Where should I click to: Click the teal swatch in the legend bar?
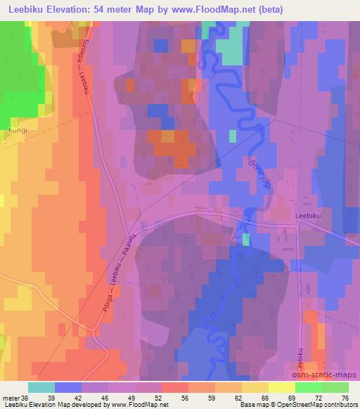pos(41,388)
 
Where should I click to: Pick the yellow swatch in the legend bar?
pos(255,388)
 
